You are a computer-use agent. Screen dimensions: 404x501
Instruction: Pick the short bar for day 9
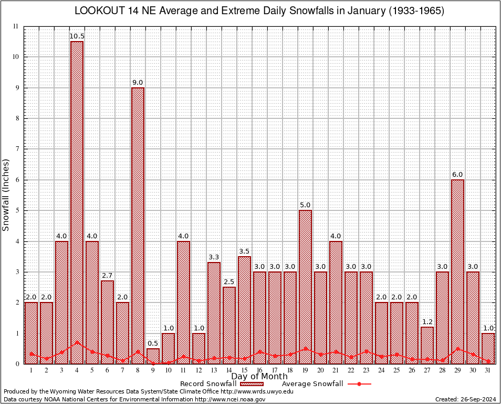pos(153,356)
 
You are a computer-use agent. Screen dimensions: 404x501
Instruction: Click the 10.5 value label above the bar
pos(77,36)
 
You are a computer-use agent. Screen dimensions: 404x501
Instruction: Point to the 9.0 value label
pos(138,83)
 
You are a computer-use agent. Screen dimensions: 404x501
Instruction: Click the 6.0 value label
pos(457,175)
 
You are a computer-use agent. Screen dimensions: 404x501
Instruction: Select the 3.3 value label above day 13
pos(214,257)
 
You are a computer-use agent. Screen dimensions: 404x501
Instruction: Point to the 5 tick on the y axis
pos(16,210)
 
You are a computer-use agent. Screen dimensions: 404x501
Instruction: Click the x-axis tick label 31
pos(488,370)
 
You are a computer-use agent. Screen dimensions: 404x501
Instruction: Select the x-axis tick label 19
pos(305,370)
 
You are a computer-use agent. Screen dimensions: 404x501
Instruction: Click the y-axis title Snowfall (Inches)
pos(6,195)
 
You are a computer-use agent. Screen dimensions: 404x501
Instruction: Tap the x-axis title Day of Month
pos(259,377)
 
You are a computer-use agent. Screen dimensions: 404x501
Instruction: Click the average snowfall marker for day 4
pos(77,342)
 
